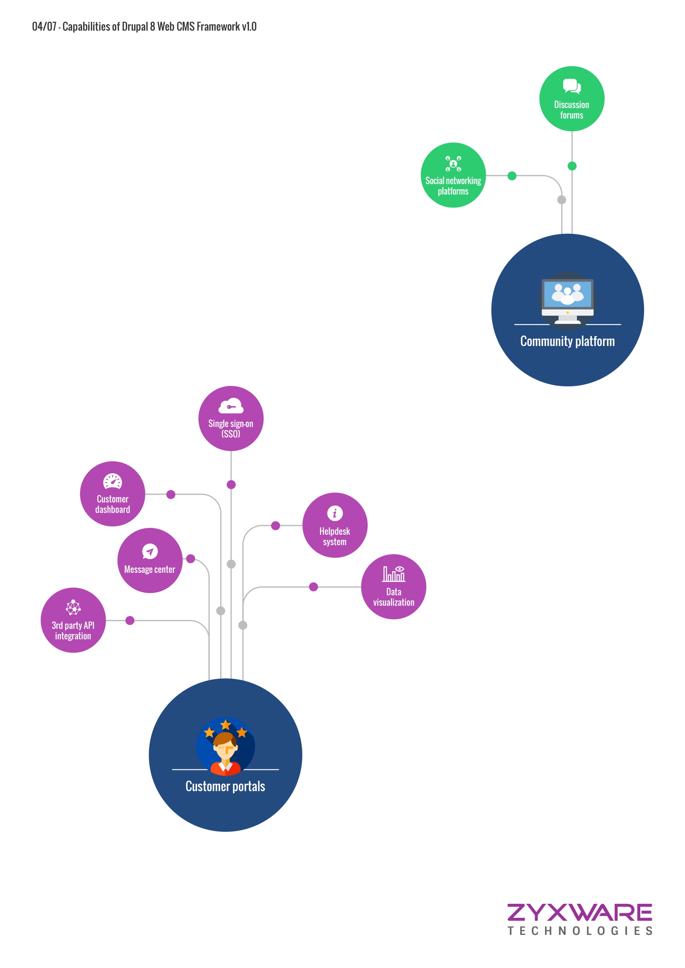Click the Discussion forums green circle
pyautogui.click(x=572, y=98)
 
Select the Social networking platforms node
pyautogui.click(x=453, y=175)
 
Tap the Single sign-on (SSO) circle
pyautogui.click(x=231, y=418)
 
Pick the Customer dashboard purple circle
pyautogui.click(x=113, y=494)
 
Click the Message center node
pyautogui.click(x=150, y=560)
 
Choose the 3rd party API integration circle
pyautogui.click(x=73, y=620)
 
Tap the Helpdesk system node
pyautogui.click(x=335, y=525)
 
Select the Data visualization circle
pyautogui.click(x=393, y=586)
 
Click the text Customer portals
pyautogui.click(x=225, y=786)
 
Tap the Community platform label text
pyautogui.click(x=567, y=341)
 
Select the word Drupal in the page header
pyautogui.click(x=135, y=26)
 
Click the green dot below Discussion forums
pyautogui.click(x=572, y=166)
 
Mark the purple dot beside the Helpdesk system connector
pyautogui.click(x=275, y=525)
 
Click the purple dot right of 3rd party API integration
pyautogui.click(x=130, y=621)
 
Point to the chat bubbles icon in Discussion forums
pyautogui.click(x=572, y=86)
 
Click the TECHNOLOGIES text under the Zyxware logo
pyautogui.click(x=580, y=931)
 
